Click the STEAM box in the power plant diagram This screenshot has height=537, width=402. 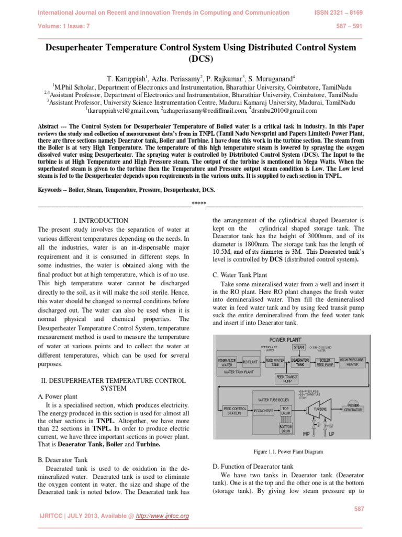pyautogui.click(x=299, y=347)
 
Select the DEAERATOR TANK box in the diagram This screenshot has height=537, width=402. pyautogui.click(x=300, y=362)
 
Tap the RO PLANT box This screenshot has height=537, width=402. pyautogui.click(x=250, y=362)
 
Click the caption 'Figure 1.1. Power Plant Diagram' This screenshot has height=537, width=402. pyautogui.click(x=288, y=451)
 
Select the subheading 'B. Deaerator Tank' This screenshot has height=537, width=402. pyautogui.click(x=64, y=460)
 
